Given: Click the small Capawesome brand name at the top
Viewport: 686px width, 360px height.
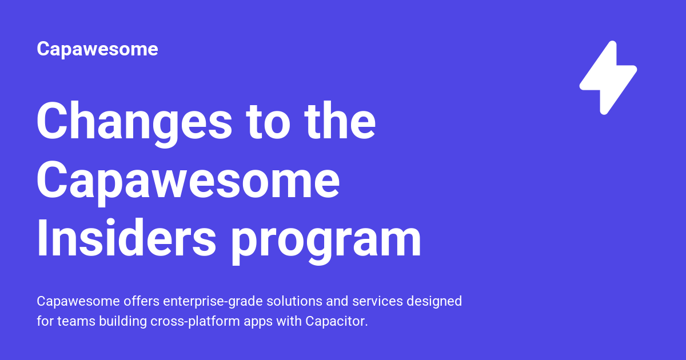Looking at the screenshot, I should pyautogui.click(x=97, y=49).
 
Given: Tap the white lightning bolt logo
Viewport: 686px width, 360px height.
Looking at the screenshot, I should pyautogui.click(x=608, y=77).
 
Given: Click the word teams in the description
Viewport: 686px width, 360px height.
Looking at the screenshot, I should pyautogui.click(x=76, y=321).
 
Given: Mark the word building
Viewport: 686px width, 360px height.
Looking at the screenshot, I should pyautogui.click(x=123, y=321).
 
